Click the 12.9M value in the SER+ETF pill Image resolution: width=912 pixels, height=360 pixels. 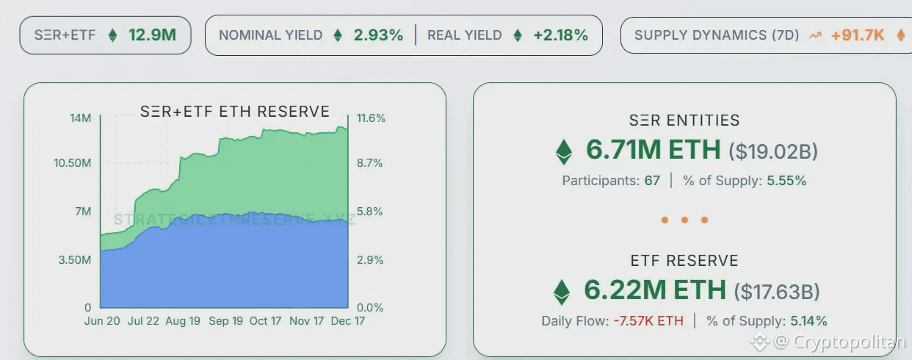pyautogui.click(x=152, y=35)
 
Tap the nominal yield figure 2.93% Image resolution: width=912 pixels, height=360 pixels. pyautogui.click(x=378, y=35)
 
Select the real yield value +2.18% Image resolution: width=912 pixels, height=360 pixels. pyautogui.click(x=560, y=35)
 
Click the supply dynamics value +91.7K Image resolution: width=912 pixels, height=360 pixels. pyautogui.click(x=857, y=35)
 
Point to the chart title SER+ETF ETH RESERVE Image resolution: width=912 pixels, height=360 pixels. pyautogui.click(x=235, y=112)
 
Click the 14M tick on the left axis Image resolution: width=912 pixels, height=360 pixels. pyautogui.click(x=81, y=118)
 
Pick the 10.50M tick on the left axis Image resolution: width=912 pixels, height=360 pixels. pyautogui.click(x=72, y=163)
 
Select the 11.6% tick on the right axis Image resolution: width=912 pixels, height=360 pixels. pyautogui.click(x=371, y=118)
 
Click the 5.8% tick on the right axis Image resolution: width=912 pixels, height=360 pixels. pyautogui.click(x=369, y=212)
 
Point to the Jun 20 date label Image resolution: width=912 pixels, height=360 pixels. pyautogui.click(x=103, y=321)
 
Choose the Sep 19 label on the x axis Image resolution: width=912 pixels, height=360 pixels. pyautogui.click(x=226, y=321)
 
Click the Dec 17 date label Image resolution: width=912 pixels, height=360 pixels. pyautogui.click(x=347, y=321)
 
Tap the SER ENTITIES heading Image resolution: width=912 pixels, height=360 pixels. pyautogui.click(x=684, y=120)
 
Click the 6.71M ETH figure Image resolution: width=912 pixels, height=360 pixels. pyautogui.click(x=653, y=150)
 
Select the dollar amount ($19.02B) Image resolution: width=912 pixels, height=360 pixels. pyautogui.click(x=772, y=151)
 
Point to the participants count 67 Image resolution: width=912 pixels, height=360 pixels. pyautogui.click(x=652, y=181)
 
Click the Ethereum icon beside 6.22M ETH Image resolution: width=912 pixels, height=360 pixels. pyautogui.click(x=562, y=292)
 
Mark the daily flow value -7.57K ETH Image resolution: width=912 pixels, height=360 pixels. pyautogui.click(x=648, y=321)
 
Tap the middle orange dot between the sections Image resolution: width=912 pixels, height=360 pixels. pyautogui.click(x=684, y=220)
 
